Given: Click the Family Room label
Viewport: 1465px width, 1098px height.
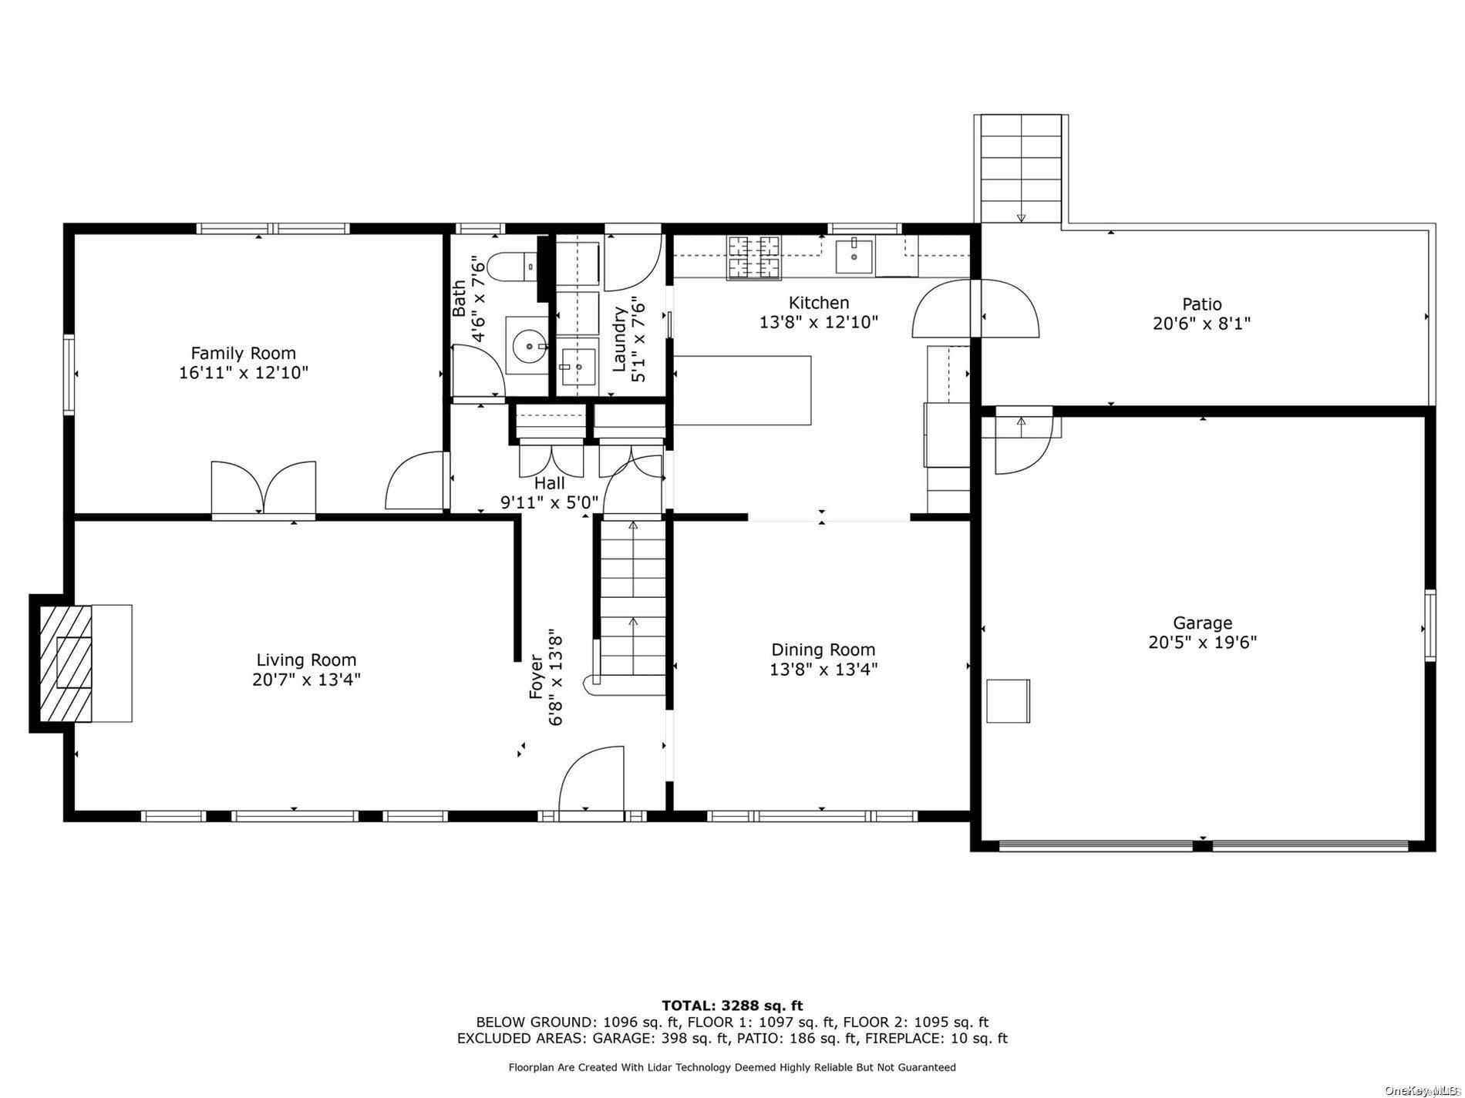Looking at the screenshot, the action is [x=244, y=354].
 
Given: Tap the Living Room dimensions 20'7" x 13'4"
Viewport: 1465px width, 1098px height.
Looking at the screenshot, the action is [x=306, y=680].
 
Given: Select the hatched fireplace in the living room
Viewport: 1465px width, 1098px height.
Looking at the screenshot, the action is [x=66, y=663].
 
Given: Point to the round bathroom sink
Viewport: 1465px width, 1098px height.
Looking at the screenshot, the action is [x=527, y=346].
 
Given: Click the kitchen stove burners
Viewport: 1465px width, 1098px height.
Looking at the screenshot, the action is [x=753, y=257].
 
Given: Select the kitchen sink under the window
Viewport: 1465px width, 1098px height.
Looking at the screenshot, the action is [x=854, y=257].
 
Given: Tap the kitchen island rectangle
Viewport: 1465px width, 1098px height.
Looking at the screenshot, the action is [x=743, y=390].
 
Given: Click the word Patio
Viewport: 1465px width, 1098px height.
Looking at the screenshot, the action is [x=1202, y=304].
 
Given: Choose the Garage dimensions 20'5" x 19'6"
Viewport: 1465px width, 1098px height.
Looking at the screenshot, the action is [x=1202, y=643].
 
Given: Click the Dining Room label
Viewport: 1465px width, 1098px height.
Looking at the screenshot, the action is [x=823, y=650].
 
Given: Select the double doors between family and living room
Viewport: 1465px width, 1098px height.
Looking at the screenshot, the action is [x=264, y=488].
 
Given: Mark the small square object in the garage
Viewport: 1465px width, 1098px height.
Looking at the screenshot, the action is [x=1009, y=700].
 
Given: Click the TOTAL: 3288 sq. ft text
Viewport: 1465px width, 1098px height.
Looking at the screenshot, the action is [x=732, y=1006].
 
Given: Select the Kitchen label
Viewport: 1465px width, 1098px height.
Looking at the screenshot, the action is [x=819, y=303].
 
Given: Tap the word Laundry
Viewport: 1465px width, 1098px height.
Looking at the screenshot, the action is [x=619, y=339].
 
